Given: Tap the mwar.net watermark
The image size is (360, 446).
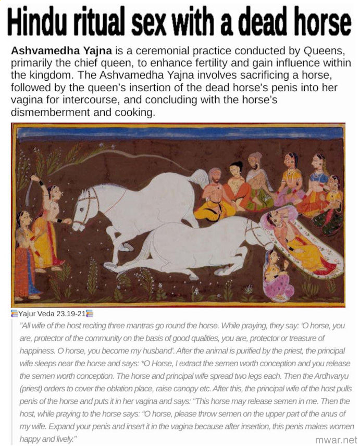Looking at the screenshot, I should [336, 439].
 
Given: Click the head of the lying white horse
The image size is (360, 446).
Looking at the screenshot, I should [258, 232].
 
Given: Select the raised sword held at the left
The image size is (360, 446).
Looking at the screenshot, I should [36, 190].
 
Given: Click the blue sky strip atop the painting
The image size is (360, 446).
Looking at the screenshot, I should [177, 132].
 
